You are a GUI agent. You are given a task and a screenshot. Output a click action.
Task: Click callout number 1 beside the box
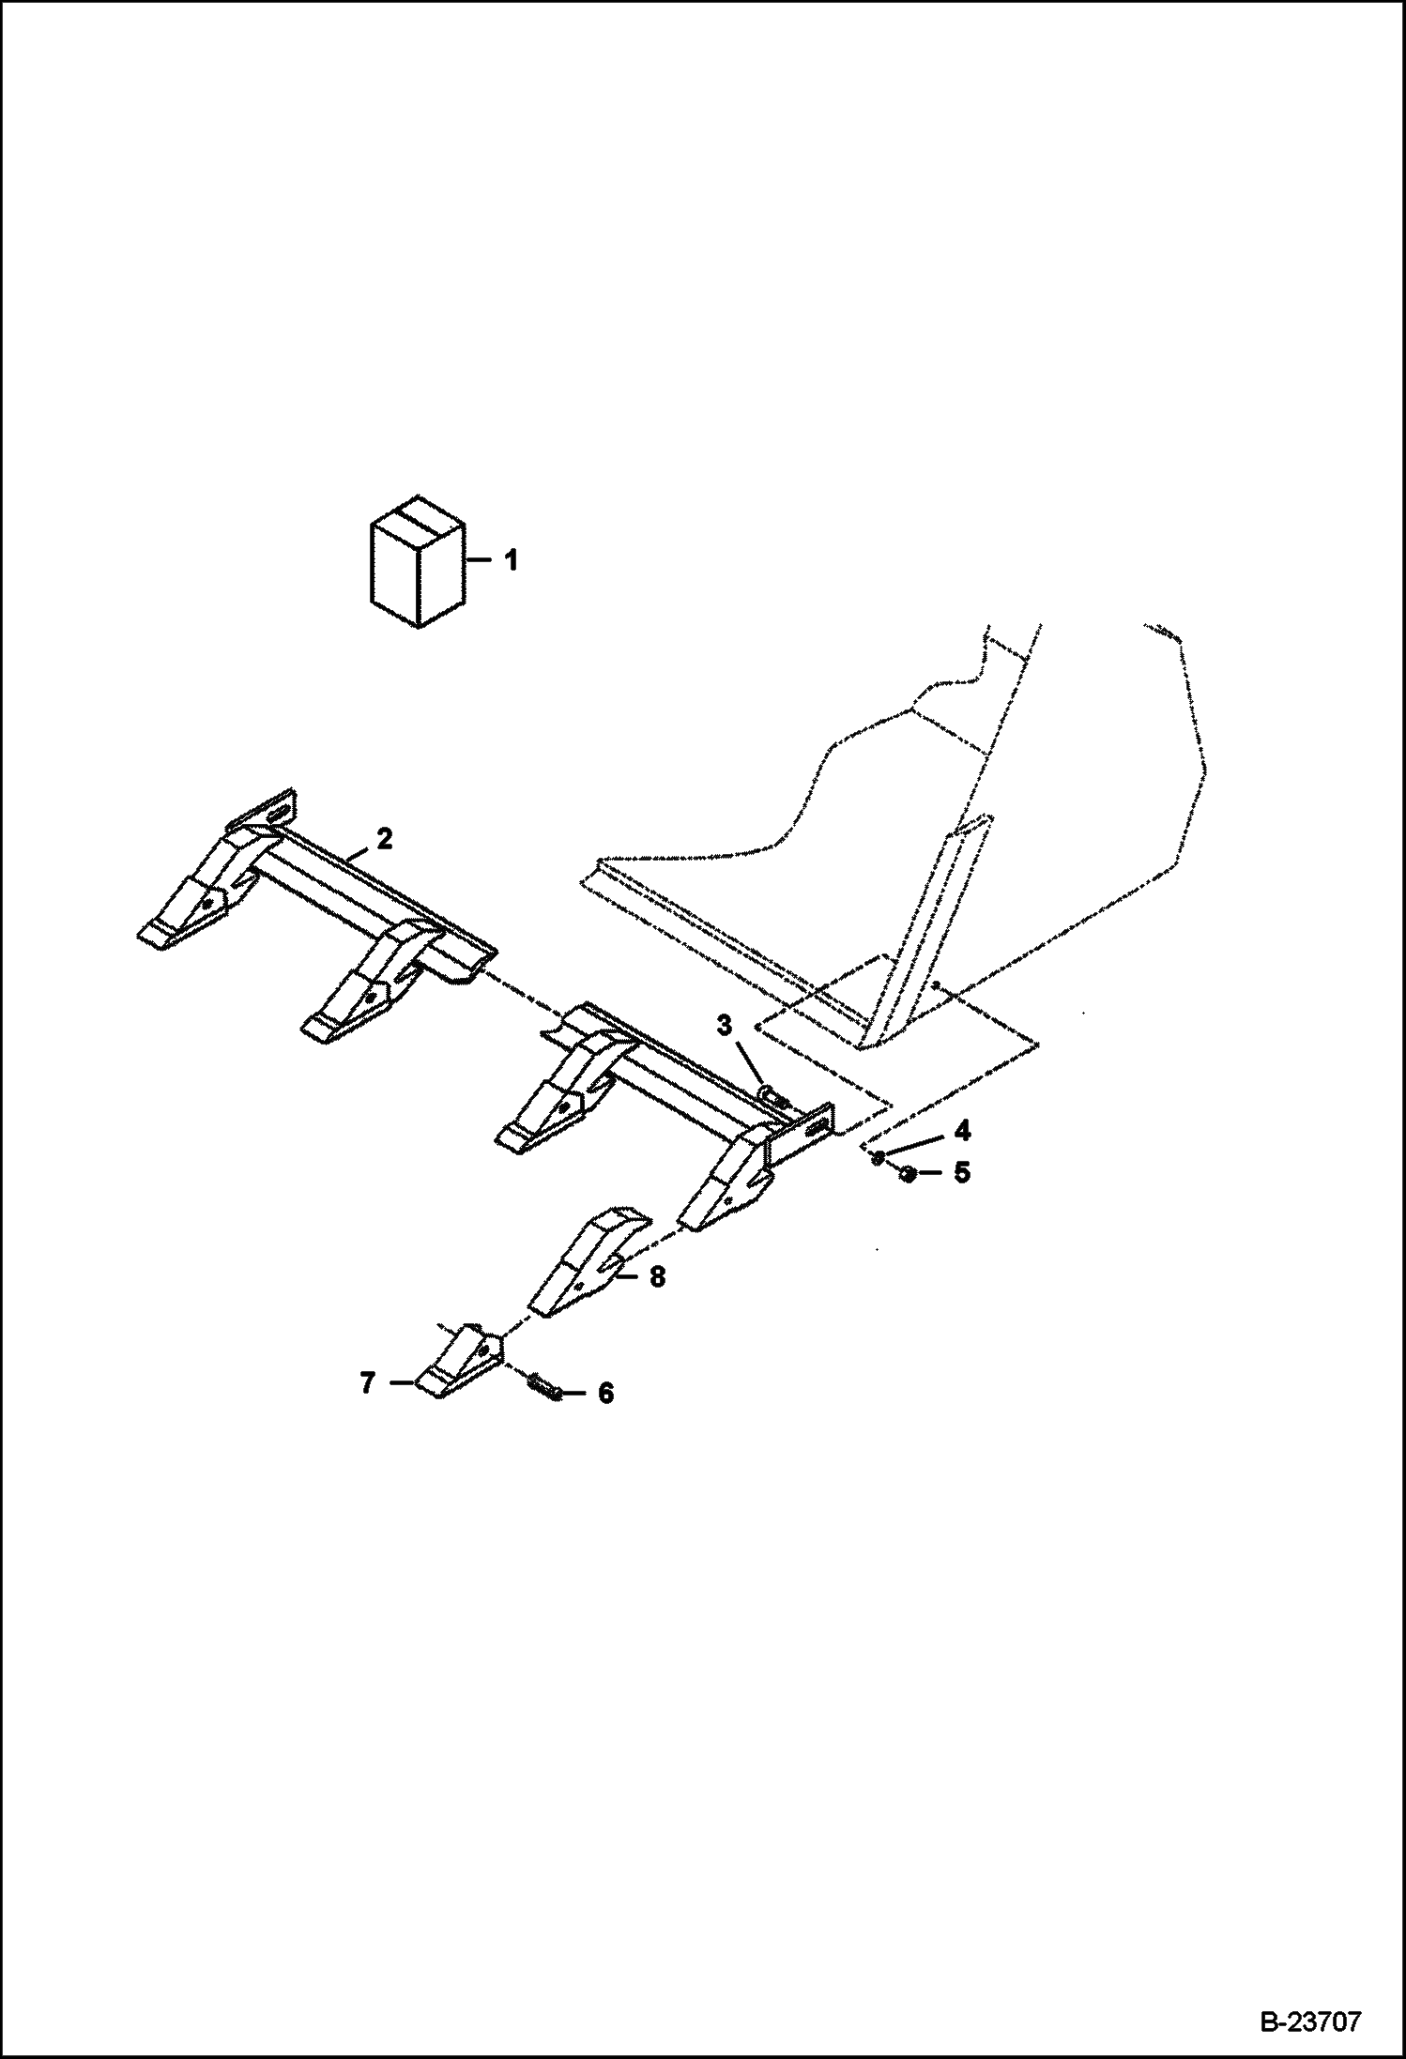click(511, 561)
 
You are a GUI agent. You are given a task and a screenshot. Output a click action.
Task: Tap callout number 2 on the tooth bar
click(384, 838)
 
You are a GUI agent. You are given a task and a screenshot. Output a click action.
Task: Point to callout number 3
click(724, 1026)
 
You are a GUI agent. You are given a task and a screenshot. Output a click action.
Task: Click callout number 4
click(961, 1131)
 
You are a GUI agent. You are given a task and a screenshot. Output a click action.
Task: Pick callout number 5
click(961, 1172)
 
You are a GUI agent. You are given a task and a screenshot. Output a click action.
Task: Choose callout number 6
click(605, 1394)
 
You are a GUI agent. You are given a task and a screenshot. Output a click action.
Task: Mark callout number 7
click(367, 1382)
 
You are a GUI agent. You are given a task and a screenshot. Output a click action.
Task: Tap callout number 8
click(657, 1276)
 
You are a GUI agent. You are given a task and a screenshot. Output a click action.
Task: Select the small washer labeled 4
click(878, 1157)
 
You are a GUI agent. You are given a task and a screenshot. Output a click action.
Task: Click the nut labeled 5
click(907, 1173)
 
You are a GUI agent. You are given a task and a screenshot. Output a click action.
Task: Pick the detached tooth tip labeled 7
click(458, 1362)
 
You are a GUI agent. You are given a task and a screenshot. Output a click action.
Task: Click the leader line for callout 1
click(481, 561)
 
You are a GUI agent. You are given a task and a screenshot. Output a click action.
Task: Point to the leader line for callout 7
click(399, 1382)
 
